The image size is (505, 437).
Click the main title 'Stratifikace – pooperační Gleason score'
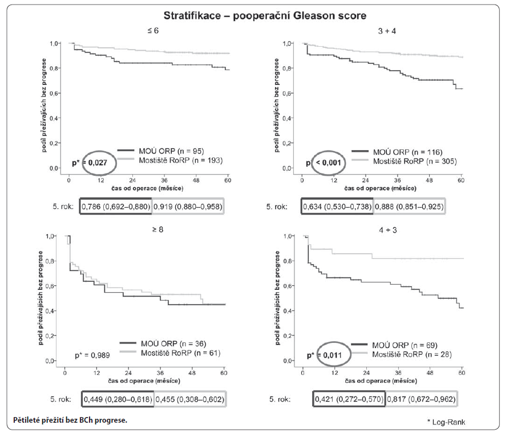[252, 14]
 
